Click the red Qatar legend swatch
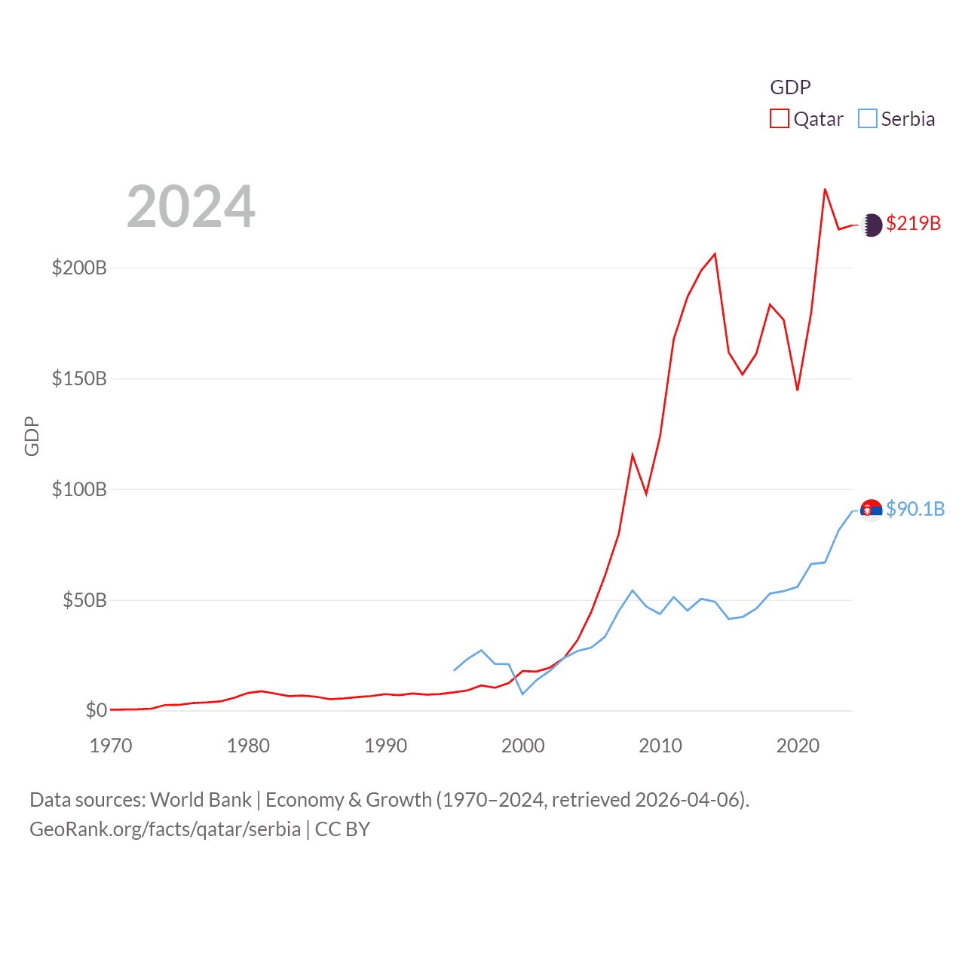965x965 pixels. coord(779,119)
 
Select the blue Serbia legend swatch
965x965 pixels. coord(868,119)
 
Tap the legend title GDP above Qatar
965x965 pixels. coord(790,87)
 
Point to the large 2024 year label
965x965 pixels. coord(191,207)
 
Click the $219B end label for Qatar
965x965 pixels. coord(913,224)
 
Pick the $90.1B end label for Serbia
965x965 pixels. coord(914,510)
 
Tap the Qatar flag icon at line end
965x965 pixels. coord(872,225)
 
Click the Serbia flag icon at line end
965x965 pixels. coord(872,510)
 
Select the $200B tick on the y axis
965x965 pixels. coord(79,268)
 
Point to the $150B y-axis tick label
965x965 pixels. coord(79,378)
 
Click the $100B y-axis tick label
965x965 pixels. coord(79,489)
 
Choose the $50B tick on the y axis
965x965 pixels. coord(84,600)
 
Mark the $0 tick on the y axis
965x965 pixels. coord(96,710)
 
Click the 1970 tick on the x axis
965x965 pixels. coord(111,746)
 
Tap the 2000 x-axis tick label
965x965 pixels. coord(523,746)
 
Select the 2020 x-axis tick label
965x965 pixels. coord(798,746)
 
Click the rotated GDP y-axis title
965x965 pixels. coord(32,436)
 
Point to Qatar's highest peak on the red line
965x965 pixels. coord(825,189)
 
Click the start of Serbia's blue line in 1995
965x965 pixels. coord(454,670)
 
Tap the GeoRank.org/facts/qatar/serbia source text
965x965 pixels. coord(165,829)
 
